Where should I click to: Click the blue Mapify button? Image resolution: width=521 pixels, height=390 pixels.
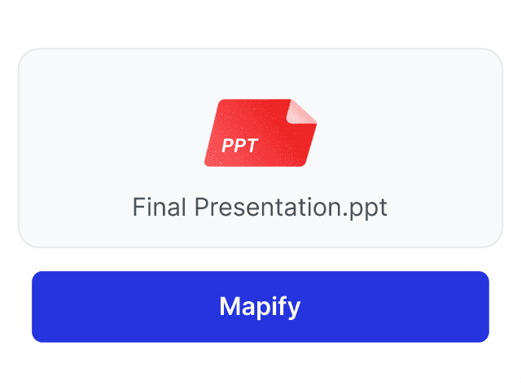coord(260,306)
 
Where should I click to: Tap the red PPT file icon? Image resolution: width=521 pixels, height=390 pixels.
coord(260,133)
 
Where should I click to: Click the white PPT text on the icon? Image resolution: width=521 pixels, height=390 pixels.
coord(239,146)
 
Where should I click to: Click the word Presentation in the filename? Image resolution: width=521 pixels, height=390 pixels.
coord(265,207)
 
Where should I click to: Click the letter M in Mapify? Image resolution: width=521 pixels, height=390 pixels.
coord(229,306)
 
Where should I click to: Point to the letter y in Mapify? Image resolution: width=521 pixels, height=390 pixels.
coord(294,309)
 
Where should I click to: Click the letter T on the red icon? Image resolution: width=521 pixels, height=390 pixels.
coord(252,146)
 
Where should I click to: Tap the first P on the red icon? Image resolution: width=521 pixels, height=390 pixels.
coord(227,146)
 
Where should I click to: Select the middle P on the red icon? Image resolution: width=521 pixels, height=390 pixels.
coord(239,146)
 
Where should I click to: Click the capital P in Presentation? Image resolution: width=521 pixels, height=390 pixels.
coord(200,207)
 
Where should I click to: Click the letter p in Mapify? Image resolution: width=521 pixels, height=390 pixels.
coord(259,309)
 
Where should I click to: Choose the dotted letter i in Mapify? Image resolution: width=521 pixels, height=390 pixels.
coord(272,306)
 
